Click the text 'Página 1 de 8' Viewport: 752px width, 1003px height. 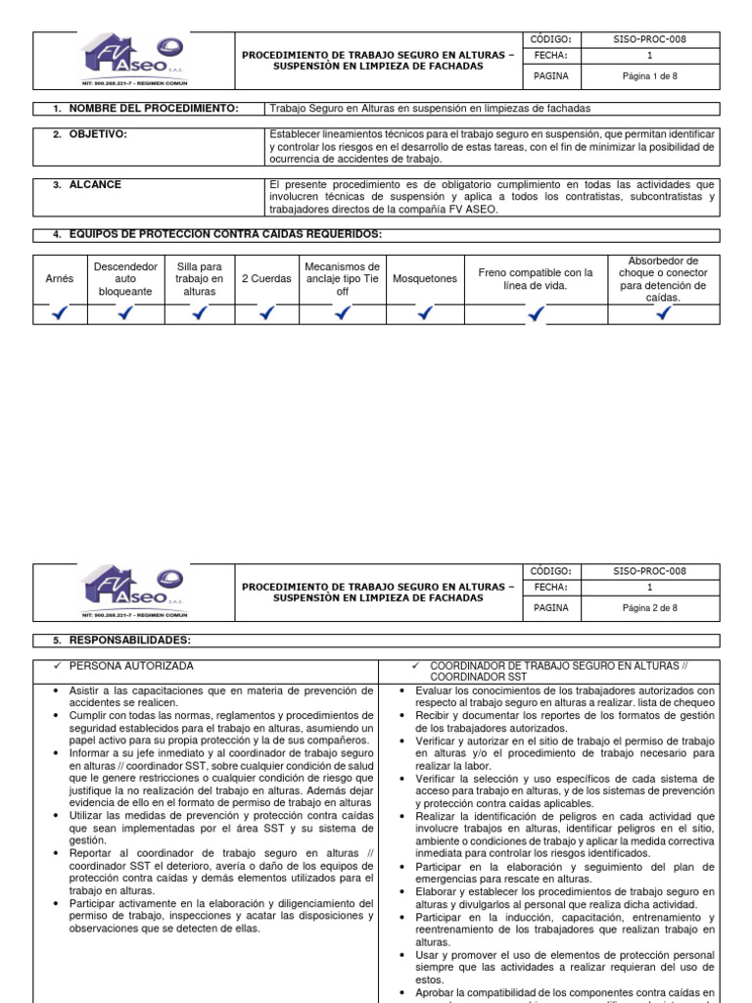pos(650,75)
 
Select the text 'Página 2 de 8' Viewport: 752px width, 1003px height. pos(650,607)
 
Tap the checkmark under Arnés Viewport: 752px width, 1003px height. pos(60,313)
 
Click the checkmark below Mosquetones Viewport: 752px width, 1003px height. pos(425,313)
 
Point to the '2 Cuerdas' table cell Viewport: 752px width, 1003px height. pos(266,279)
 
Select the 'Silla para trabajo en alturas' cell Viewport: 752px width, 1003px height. pos(200,279)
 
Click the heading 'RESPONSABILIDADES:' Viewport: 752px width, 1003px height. pos(129,640)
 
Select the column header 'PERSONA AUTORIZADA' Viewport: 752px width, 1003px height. pos(131,665)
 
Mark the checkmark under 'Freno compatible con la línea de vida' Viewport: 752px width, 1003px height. pos(536,314)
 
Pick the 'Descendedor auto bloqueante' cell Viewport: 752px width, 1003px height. pos(125,279)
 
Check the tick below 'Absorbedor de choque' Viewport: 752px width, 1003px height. pos(664,313)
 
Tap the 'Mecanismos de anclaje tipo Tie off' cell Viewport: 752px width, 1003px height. pos(342,279)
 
